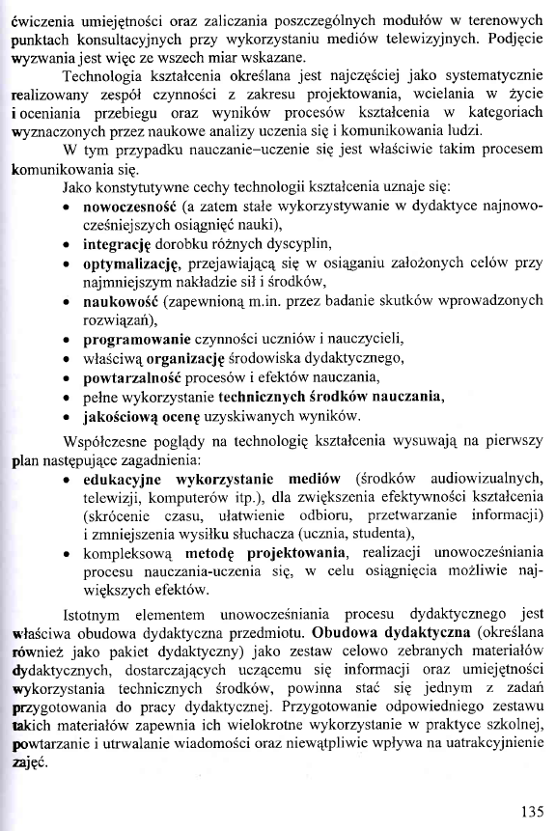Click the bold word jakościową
(x=125, y=416)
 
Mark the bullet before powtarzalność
(x=64, y=378)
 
